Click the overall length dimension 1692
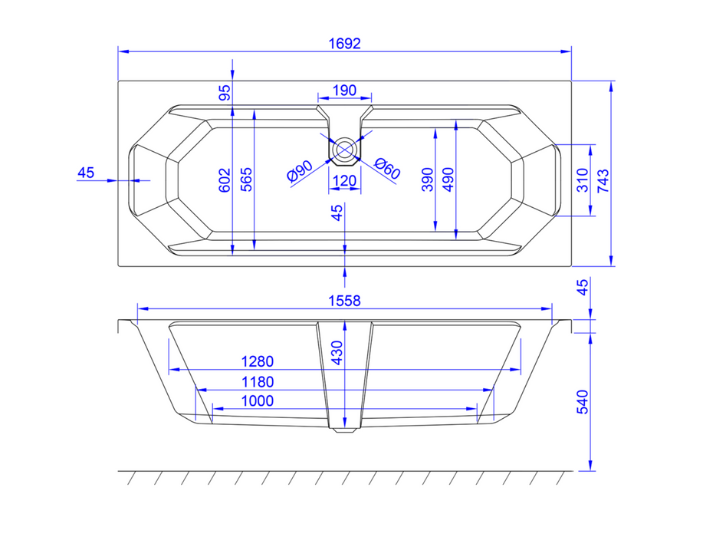pos(345,44)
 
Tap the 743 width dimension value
pos(603,180)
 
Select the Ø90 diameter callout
pos(300,171)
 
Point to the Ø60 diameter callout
pos(387,168)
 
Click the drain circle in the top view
pos(345,149)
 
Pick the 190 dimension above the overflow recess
pos(345,90)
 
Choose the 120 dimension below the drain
pos(345,181)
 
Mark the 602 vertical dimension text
pos(224,180)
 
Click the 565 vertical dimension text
pos(245,180)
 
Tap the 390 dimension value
pos(428,180)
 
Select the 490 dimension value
pos(448,180)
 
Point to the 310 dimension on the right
pos(582,180)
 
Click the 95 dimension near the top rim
pos(224,93)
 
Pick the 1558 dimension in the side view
pos(345,301)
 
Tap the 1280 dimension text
pos(258,361)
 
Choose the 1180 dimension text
pos(258,381)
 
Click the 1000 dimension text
pos(258,400)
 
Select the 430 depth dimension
pos(337,352)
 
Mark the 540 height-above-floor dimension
pos(583,402)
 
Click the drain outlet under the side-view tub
pos(345,430)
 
